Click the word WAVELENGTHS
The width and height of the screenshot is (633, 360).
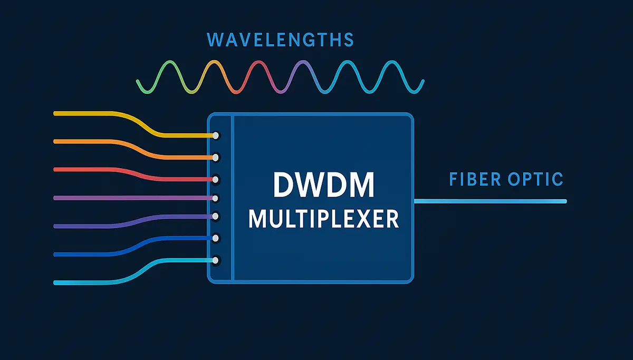tap(280, 40)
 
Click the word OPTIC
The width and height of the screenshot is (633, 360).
tap(537, 179)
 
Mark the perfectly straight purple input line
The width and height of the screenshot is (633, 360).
tap(132, 198)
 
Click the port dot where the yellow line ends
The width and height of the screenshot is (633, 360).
tap(215, 136)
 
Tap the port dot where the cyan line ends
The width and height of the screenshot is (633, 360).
tap(215, 260)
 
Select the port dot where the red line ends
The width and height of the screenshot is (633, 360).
tap(215, 179)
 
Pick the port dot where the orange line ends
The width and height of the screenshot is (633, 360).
tap(215, 157)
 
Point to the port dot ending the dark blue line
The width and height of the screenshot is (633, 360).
tap(215, 238)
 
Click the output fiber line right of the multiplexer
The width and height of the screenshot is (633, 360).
tap(491, 201)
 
